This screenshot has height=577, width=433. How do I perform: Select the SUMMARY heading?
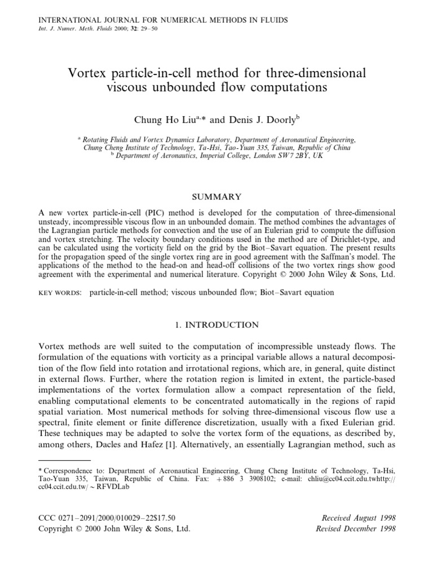pos(216,197)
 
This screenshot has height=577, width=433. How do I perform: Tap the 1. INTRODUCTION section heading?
pos(216,325)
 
